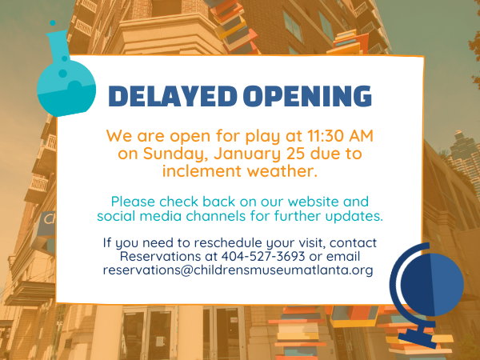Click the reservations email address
(238, 270)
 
